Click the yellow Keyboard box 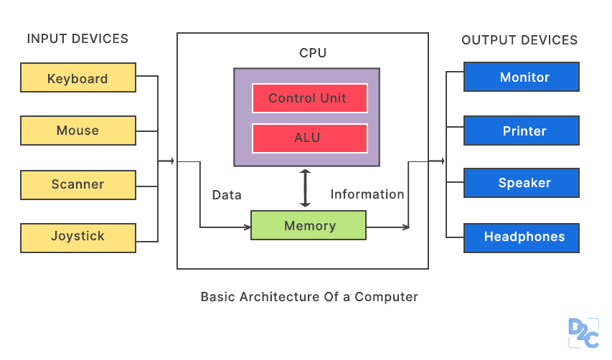pyautogui.click(x=78, y=77)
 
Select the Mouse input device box pyautogui.click(x=78, y=131)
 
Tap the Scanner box pyautogui.click(x=78, y=185)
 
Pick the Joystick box pyautogui.click(x=78, y=238)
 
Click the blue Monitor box pyautogui.click(x=522, y=77)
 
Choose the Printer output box pyautogui.click(x=522, y=131)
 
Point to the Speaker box pyautogui.click(x=522, y=183)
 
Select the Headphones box pyautogui.click(x=522, y=238)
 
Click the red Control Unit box pyautogui.click(x=309, y=98)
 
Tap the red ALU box pyautogui.click(x=309, y=138)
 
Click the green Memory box pyautogui.click(x=309, y=225)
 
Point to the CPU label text pyautogui.click(x=313, y=52)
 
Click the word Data pyautogui.click(x=227, y=194)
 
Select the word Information pyautogui.click(x=367, y=194)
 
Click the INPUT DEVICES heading pyautogui.click(x=77, y=39)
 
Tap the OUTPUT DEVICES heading pyautogui.click(x=519, y=39)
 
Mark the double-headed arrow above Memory pyautogui.click(x=305, y=189)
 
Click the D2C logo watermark pyautogui.click(x=583, y=333)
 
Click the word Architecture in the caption pyautogui.click(x=280, y=297)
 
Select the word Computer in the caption pyautogui.click(x=386, y=297)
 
